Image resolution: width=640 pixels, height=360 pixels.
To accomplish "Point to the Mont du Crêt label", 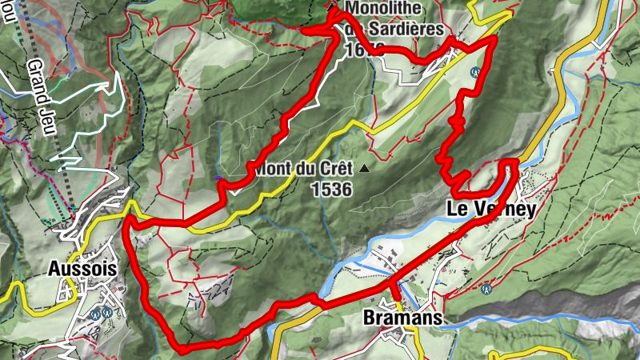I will coord(299,170).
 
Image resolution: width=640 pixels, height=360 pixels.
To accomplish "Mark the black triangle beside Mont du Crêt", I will coord(365,169).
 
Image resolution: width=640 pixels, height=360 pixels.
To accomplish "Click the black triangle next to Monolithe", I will coord(332,7).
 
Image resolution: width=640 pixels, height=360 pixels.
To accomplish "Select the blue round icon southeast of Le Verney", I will coord(485,289).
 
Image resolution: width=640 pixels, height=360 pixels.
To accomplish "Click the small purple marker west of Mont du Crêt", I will coord(218,178).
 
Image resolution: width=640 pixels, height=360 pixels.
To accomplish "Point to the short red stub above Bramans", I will coord(394,291).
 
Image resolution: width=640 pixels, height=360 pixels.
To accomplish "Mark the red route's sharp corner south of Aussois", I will coord(182,348).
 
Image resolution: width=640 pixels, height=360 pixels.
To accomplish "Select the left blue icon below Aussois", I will coord(94,313).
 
